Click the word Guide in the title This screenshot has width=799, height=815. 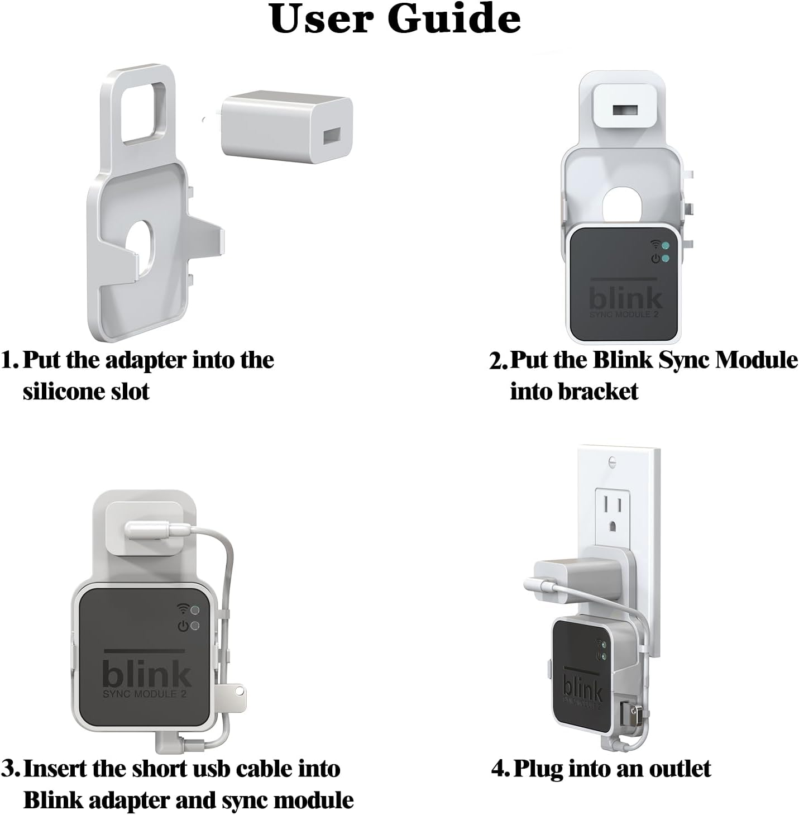(454, 19)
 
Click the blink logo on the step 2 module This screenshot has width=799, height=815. (626, 299)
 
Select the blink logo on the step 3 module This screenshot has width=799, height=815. (146, 675)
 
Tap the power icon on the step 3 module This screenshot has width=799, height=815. (183, 626)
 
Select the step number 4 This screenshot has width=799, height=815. (499, 769)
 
